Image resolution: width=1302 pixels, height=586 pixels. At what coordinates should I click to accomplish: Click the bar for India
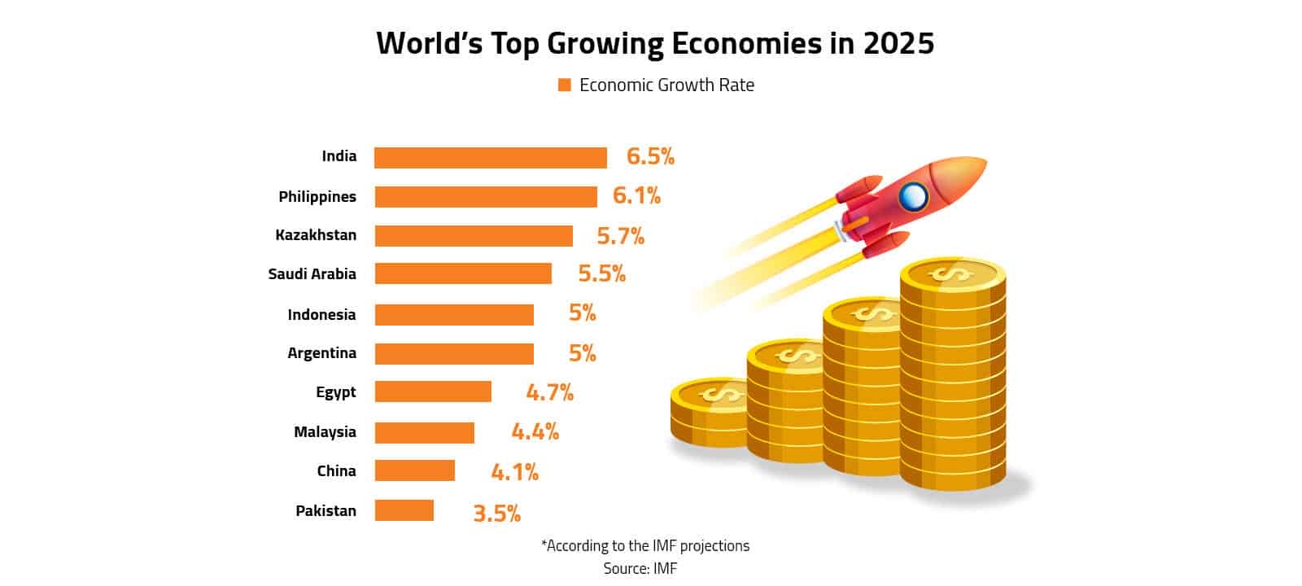point(490,158)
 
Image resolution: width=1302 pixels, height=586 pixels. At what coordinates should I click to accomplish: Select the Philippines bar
point(485,197)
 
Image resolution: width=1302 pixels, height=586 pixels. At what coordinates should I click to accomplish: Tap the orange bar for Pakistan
point(404,510)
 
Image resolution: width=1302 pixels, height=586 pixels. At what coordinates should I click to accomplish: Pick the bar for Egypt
point(433,391)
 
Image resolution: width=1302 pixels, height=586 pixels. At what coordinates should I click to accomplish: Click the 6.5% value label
point(650,156)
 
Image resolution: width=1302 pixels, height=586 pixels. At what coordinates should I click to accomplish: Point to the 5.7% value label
point(620,236)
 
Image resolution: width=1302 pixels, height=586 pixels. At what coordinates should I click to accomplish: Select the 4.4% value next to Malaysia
point(535,431)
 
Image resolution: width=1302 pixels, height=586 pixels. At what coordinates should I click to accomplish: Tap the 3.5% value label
point(496,514)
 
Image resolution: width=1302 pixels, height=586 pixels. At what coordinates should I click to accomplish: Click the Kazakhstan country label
point(316,235)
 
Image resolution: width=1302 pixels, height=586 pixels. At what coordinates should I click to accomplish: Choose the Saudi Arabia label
point(312,274)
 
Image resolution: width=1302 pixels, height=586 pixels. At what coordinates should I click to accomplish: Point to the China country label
point(336,471)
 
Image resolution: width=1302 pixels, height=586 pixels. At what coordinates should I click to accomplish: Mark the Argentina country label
point(321,353)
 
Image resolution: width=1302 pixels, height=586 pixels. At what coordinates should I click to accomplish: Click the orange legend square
point(564,85)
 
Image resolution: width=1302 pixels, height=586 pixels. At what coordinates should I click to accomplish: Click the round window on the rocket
point(913,195)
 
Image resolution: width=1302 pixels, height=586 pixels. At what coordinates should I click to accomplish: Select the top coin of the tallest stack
point(953,275)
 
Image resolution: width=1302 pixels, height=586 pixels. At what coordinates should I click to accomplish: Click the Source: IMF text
point(640,568)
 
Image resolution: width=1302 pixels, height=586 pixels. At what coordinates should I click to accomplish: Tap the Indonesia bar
point(454,315)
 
